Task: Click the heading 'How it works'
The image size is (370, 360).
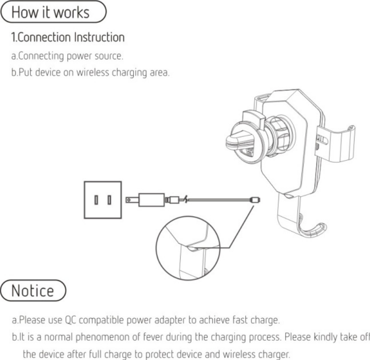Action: (x=51, y=12)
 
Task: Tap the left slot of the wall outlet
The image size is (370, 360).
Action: (x=95, y=199)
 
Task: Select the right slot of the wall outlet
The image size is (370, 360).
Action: (x=109, y=199)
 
